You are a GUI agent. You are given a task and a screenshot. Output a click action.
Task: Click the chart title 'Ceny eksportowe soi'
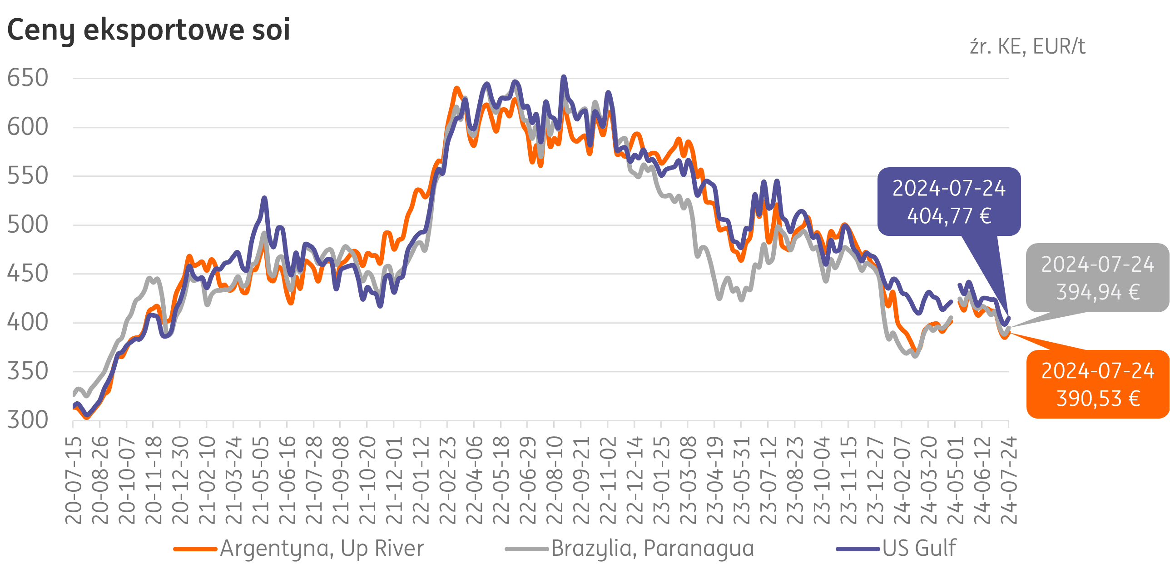click(149, 30)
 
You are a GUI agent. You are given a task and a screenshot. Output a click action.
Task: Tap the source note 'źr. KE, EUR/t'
click(1027, 46)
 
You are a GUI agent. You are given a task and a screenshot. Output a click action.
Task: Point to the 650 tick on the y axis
click(28, 78)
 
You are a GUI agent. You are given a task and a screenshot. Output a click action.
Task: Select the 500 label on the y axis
click(28, 225)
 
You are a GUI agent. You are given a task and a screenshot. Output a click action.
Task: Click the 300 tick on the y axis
click(28, 420)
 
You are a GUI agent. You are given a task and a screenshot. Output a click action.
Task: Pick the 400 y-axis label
click(28, 323)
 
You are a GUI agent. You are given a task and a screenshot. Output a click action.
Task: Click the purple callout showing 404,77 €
click(949, 202)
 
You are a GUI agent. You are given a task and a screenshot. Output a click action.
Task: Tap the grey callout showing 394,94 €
click(1097, 278)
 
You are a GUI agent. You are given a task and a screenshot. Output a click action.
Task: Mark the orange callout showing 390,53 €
click(1097, 384)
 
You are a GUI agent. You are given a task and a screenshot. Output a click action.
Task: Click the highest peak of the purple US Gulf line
click(564, 77)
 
